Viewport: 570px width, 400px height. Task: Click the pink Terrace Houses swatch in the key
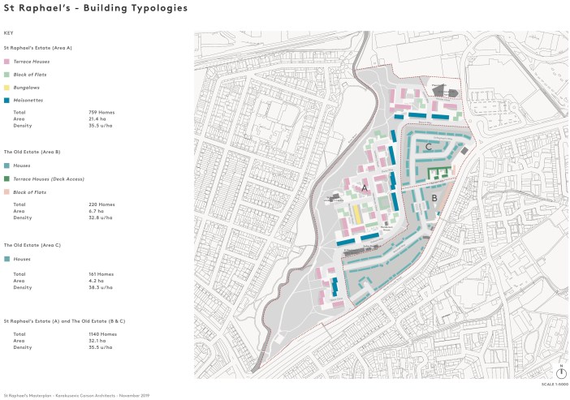pyautogui.click(x=6, y=62)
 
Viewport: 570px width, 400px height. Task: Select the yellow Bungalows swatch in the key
pyautogui.click(x=6, y=87)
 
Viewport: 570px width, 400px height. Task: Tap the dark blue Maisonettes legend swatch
pyautogui.click(x=6, y=100)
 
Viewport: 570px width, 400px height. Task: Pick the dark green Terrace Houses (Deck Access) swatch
pyautogui.click(x=6, y=178)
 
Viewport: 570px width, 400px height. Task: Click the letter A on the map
pyautogui.click(x=365, y=188)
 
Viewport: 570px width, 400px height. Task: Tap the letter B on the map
pyautogui.click(x=434, y=197)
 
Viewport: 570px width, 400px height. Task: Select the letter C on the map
pyautogui.click(x=428, y=147)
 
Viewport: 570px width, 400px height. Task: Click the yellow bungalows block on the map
pyautogui.click(x=356, y=216)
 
